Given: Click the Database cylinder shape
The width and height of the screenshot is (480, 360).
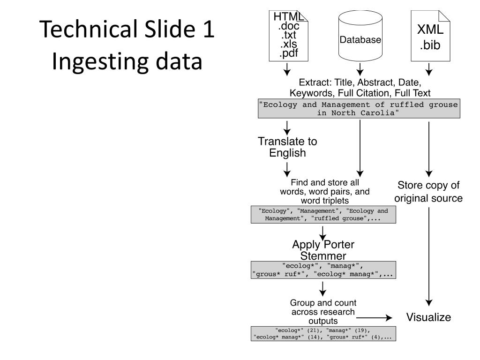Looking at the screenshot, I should tap(360, 39).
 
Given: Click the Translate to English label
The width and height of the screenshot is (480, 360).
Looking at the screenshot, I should tap(287, 147).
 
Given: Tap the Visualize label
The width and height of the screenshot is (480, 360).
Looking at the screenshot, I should tap(428, 317).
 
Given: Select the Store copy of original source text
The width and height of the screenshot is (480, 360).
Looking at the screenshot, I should tap(428, 191).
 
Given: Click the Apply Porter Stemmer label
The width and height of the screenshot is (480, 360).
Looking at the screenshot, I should tap(323, 250).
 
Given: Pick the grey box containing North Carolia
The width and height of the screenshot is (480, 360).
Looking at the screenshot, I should tap(359, 109).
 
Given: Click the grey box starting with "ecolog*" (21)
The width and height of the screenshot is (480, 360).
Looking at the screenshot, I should tap(323, 333).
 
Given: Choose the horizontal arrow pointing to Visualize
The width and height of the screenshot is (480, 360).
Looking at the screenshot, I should tap(377, 318).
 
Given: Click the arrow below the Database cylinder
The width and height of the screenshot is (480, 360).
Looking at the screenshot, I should tap(360, 70).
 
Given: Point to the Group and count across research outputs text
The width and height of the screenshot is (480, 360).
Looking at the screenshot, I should tap(323, 312).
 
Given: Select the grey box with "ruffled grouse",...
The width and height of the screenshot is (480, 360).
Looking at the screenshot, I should tap(323, 214).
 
